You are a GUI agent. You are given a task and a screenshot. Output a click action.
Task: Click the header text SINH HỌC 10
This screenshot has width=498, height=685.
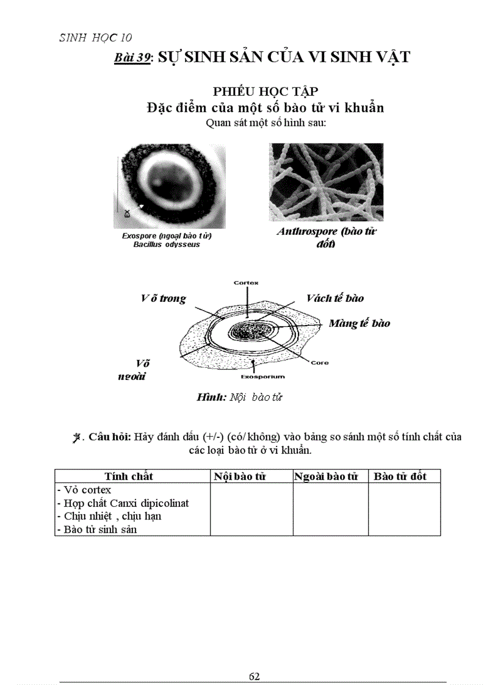95,38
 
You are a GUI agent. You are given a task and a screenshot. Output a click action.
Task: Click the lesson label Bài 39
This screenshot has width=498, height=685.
133,58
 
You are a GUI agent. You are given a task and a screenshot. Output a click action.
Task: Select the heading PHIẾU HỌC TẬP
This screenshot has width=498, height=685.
265,91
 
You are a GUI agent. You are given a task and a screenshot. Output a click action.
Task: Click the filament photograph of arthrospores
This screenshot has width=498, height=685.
326,182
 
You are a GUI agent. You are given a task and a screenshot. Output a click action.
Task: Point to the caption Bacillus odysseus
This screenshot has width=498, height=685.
167,245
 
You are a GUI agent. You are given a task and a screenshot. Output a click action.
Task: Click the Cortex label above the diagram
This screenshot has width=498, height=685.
247,283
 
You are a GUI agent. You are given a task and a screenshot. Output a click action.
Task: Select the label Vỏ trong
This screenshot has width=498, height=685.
163,299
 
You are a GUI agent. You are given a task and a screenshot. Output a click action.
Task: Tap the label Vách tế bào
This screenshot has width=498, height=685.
335,298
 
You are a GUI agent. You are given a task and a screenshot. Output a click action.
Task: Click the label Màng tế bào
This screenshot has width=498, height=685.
359,323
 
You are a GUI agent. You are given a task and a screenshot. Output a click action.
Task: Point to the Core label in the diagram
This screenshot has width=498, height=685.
319,363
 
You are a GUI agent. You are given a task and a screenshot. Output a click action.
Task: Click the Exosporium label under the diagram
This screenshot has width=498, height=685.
262,377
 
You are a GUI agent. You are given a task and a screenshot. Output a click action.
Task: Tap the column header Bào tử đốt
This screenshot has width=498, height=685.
400,476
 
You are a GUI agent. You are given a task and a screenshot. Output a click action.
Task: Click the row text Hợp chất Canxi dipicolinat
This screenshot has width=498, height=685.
123,503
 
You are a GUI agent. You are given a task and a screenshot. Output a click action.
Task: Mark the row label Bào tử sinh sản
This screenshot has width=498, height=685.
96,529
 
